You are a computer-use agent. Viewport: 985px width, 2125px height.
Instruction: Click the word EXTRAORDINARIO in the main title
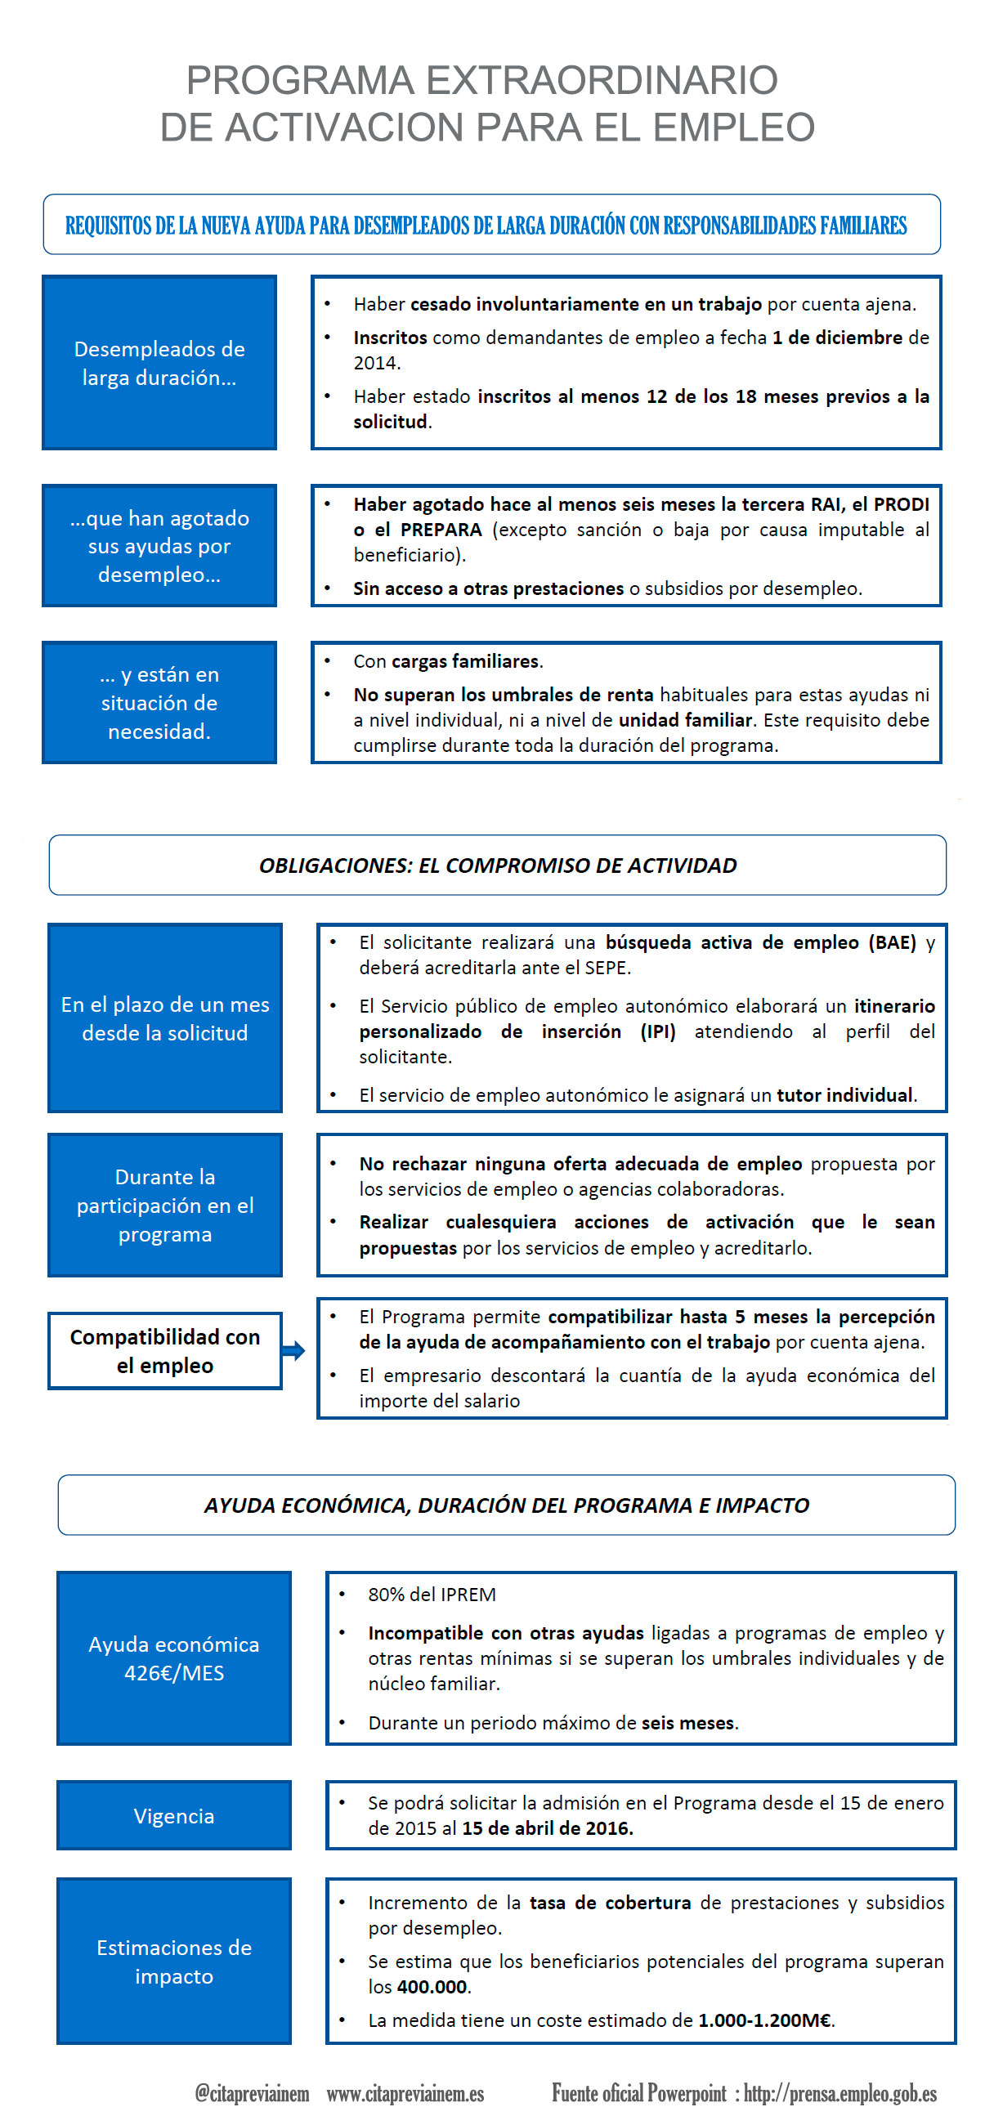tap(602, 81)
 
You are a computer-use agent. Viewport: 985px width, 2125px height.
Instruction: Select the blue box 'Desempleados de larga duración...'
tap(159, 363)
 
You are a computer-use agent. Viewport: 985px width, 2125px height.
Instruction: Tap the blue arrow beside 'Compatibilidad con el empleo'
tap(293, 1350)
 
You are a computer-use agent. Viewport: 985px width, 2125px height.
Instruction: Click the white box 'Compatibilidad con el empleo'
tap(165, 1350)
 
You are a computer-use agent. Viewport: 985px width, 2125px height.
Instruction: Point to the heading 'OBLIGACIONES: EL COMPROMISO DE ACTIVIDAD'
tap(498, 866)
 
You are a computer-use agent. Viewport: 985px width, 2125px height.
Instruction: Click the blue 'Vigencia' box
tap(174, 1816)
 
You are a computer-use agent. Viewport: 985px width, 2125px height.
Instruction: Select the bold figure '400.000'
tap(432, 1986)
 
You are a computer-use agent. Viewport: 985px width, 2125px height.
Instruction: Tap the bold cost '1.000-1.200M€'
tap(765, 2020)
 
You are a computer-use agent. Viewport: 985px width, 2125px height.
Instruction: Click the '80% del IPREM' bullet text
tap(432, 1595)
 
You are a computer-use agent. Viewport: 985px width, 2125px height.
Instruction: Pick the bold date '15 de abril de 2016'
tap(546, 1828)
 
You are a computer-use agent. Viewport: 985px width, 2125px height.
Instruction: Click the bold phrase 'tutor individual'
tap(844, 1094)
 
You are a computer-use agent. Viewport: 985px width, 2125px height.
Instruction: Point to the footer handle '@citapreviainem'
tap(252, 2093)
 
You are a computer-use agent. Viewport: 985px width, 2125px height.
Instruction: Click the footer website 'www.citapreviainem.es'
tap(405, 2093)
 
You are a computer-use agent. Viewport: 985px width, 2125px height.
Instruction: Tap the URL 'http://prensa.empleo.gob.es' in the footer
tap(839, 2093)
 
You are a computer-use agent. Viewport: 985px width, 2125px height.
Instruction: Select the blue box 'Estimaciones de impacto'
tap(174, 1962)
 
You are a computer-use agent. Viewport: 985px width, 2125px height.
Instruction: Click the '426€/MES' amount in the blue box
tap(174, 1673)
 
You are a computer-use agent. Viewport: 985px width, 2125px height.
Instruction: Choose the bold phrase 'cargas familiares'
tap(465, 660)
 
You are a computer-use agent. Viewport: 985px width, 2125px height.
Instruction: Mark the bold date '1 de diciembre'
tap(837, 338)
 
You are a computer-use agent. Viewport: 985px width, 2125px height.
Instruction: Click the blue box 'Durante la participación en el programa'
tap(165, 1206)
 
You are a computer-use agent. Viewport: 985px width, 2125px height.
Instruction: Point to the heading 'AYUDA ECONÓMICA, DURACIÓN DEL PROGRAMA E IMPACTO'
tap(507, 1505)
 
